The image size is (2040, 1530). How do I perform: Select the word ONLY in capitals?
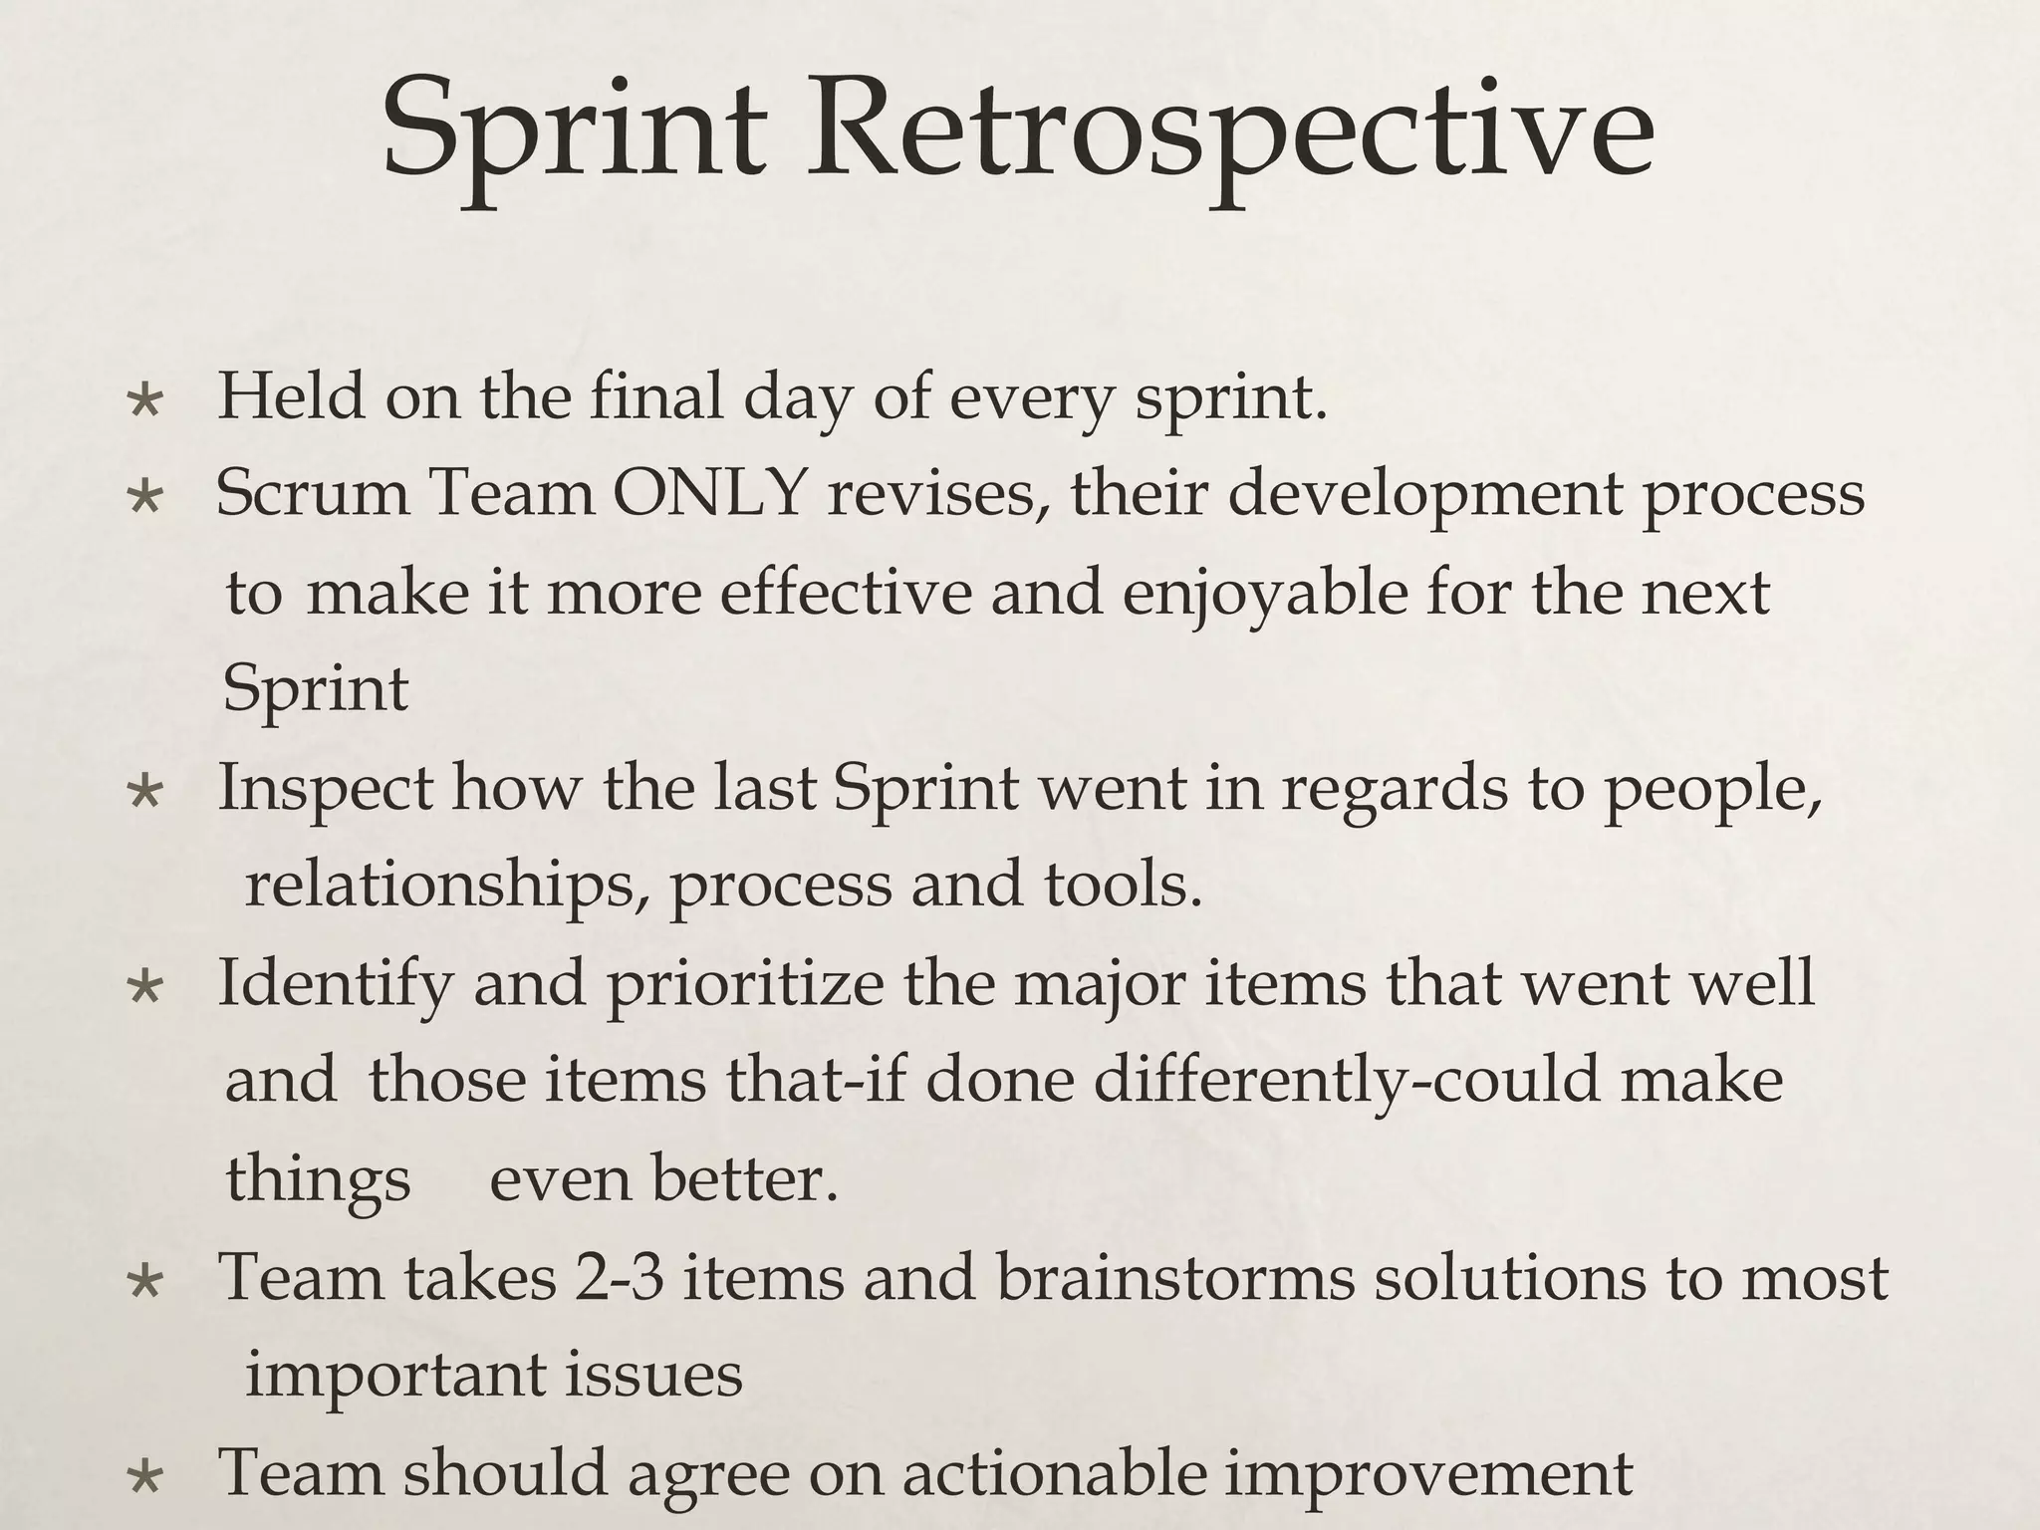click(708, 493)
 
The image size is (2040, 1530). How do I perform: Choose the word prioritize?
click(745, 984)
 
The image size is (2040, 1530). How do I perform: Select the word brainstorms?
click(1175, 1278)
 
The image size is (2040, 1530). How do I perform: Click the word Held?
click(291, 395)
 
